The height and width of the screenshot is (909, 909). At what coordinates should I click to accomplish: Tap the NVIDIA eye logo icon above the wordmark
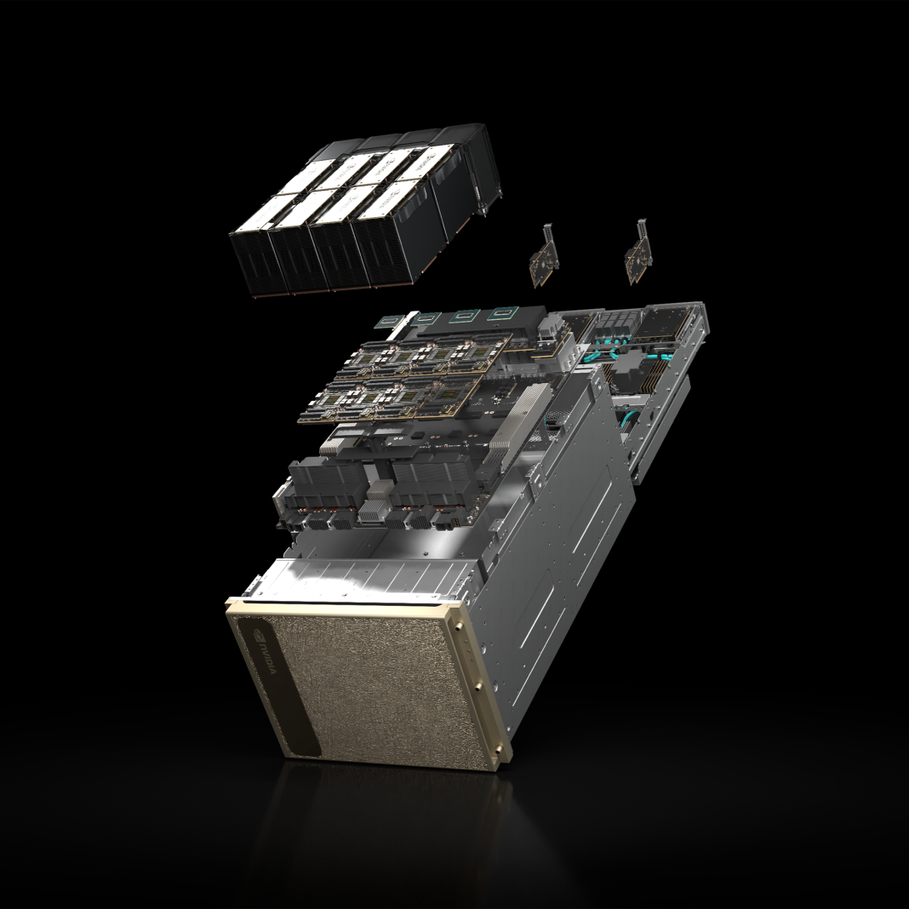(255, 633)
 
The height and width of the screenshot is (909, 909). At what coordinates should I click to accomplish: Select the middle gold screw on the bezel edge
(478, 687)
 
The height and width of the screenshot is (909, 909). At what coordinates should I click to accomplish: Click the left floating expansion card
(544, 255)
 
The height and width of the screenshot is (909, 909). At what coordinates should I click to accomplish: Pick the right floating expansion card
(638, 252)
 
